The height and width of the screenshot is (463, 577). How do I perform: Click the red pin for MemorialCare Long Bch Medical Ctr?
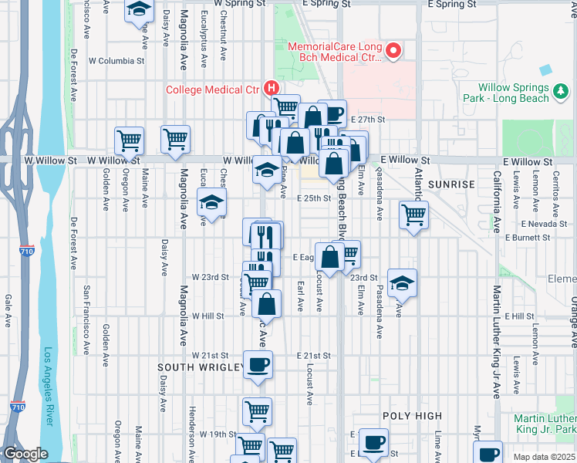point(393,52)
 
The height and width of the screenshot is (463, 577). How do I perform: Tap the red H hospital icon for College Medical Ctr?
point(270,89)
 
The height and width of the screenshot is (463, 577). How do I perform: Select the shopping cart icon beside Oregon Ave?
point(129,140)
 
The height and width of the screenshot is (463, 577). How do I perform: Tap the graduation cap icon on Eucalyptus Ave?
point(211,203)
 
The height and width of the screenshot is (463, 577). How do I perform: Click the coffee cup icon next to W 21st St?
point(258,364)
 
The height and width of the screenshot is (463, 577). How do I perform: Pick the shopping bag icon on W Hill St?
point(266,304)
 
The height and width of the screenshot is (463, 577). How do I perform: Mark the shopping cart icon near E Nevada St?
point(414,215)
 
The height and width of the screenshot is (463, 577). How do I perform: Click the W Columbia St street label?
point(116,60)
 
